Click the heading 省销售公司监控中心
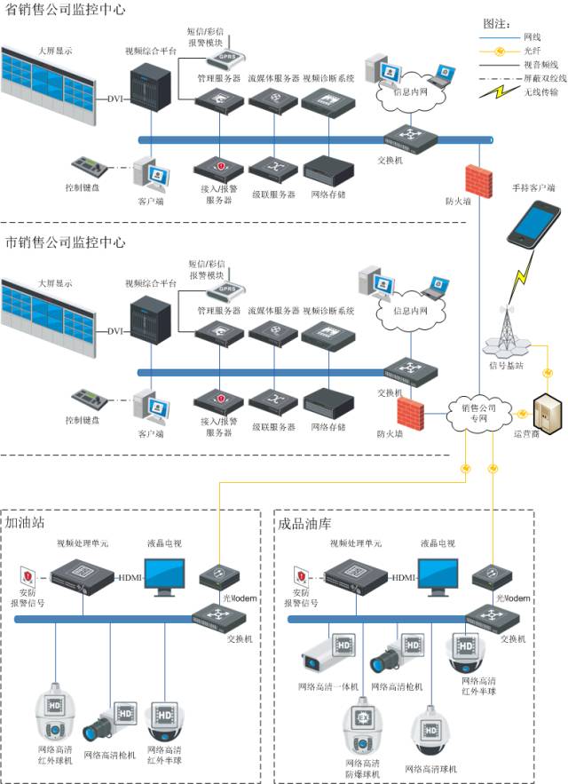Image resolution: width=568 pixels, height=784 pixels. (65, 10)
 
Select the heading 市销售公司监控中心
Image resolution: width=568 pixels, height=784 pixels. (65, 242)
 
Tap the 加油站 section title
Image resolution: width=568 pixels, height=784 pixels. (26, 523)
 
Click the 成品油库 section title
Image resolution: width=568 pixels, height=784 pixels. (303, 523)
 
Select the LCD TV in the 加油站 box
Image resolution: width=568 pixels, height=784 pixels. (164, 578)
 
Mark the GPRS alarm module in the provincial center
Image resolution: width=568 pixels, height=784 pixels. (225, 54)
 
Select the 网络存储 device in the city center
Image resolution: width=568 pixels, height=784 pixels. (328, 404)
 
